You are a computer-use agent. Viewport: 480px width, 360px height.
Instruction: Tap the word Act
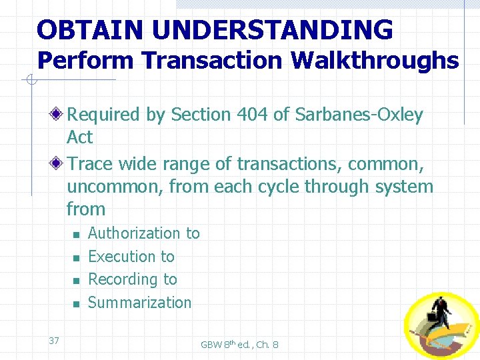(x=79, y=137)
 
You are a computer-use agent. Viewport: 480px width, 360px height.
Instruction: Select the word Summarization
(x=139, y=303)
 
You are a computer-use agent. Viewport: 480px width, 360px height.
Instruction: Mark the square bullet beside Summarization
(x=76, y=304)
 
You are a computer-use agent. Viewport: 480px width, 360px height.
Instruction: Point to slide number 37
(x=54, y=341)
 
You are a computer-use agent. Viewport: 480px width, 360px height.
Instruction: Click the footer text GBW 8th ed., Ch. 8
(x=239, y=345)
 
